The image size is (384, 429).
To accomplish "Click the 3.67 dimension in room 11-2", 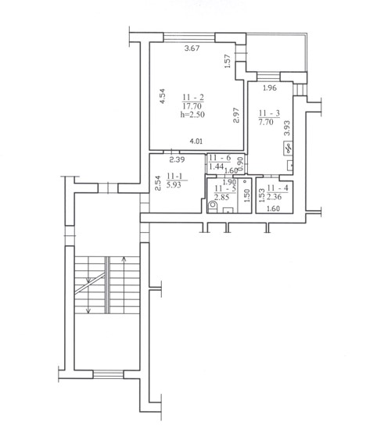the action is coord(192,48).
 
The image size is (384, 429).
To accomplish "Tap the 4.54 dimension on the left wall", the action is coord(163,96).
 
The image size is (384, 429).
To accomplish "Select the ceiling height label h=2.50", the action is coord(192,114).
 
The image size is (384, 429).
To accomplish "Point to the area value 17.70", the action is coord(192,105).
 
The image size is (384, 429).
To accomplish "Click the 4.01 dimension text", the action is coord(196,141).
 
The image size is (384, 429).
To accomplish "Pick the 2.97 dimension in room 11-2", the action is coord(236,115).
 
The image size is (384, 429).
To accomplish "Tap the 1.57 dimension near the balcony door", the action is coord(228,61).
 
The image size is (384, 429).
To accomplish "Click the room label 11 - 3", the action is coord(269,113).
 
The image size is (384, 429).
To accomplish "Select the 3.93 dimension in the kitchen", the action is coord(287,128).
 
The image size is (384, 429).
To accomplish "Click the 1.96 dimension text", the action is coord(270,88).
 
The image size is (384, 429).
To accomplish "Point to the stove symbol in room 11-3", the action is coord(288,148).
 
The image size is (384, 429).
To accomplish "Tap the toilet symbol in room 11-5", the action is coord(212,206).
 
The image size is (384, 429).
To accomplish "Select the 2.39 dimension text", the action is coord(177,159).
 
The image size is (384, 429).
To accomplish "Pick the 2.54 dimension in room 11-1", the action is coord(157,184).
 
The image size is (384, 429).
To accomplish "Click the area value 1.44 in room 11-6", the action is coord(217,166).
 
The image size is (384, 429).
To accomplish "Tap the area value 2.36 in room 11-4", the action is coord(274,196).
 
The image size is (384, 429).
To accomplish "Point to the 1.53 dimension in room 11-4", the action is coord(262,195).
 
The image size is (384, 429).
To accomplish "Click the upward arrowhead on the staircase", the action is coord(124,259).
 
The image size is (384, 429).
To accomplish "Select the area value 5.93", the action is coord(174,185).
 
